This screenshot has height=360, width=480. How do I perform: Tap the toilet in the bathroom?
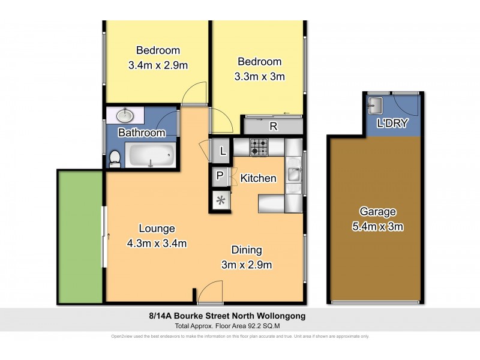[x=115, y=158]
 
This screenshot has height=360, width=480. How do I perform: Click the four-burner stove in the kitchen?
[x=259, y=147]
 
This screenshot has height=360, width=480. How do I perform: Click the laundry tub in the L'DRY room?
[x=376, y=106]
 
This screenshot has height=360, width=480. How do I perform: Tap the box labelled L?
[x=223, y=151]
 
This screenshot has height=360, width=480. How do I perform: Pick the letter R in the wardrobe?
[x=273, y=126]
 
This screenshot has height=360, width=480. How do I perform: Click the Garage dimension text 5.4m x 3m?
[x=377, y=227]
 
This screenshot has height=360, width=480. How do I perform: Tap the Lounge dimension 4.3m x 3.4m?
[x=157, y=243]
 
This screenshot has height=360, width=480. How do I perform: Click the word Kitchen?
[x=258, y=178]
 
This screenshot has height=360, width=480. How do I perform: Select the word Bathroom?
[x=141, y=133]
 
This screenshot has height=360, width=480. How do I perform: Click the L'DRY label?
[x=392, y=124]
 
